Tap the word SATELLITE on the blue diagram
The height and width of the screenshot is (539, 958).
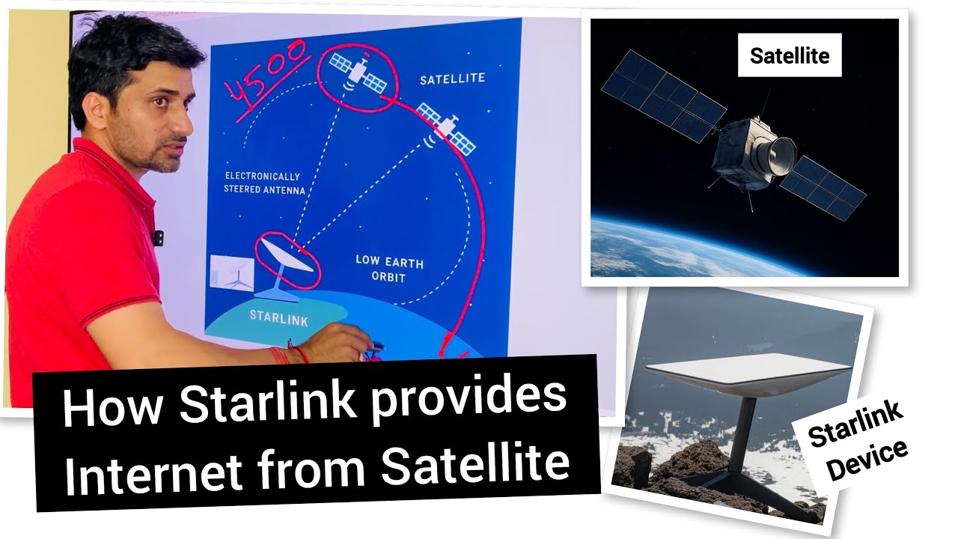(452, 79)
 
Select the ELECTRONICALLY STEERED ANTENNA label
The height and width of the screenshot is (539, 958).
(265, 183)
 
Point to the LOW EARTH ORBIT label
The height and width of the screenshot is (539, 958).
(389, 269)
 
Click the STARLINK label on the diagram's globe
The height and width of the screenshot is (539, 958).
(278, 315)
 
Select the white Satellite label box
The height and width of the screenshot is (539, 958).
(790, 55)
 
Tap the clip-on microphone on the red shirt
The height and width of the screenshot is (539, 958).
(157, 237)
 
